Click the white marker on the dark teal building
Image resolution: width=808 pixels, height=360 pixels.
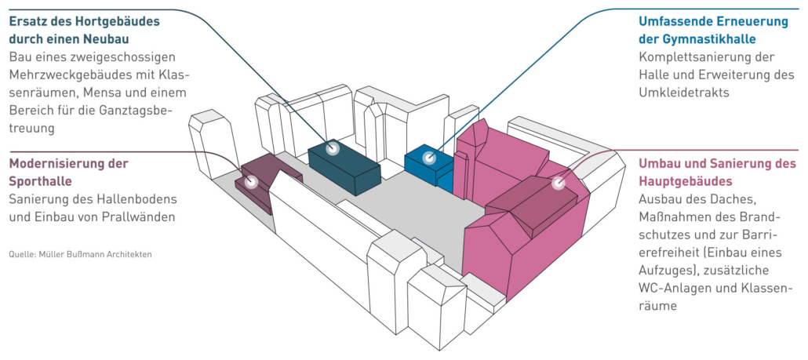click(x=333, y=149)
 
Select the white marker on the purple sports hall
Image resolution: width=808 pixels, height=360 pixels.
click(x=252, y=182)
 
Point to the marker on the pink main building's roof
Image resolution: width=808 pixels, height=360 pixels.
click(x=558, y=183)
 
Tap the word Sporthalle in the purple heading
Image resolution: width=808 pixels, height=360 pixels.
click(x=40, y=181)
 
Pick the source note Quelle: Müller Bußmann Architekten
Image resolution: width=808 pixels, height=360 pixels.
click(x=80, y=255)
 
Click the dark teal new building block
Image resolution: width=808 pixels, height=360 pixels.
click(x=344, y=167)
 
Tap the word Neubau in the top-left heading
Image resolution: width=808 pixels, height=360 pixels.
click(x=109, y=40)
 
